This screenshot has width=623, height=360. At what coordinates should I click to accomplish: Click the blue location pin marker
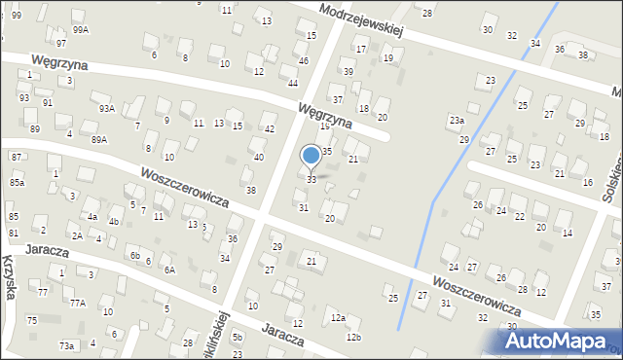311,156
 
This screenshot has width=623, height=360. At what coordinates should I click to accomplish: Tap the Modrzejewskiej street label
360,19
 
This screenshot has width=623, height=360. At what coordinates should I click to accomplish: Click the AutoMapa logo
559,342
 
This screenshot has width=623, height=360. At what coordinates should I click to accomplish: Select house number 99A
81,30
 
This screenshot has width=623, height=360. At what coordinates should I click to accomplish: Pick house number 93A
106,109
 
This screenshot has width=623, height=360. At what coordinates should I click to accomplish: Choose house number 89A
99,140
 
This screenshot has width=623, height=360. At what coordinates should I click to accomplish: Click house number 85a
17,182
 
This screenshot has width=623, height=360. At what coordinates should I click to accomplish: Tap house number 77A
77,303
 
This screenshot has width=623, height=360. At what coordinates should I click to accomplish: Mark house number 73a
66,345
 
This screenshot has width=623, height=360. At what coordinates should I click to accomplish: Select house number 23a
456,120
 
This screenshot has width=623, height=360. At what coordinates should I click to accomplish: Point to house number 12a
338,318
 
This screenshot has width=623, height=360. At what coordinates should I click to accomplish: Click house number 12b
353,338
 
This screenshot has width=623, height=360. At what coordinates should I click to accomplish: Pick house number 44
292,82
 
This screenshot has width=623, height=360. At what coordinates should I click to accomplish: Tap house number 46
304,61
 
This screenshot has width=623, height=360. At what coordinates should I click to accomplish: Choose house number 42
270,129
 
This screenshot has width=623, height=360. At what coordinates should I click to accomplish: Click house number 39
348,72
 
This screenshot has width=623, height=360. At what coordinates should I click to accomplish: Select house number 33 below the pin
311,180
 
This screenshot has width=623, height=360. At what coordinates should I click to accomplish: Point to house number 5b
238,338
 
